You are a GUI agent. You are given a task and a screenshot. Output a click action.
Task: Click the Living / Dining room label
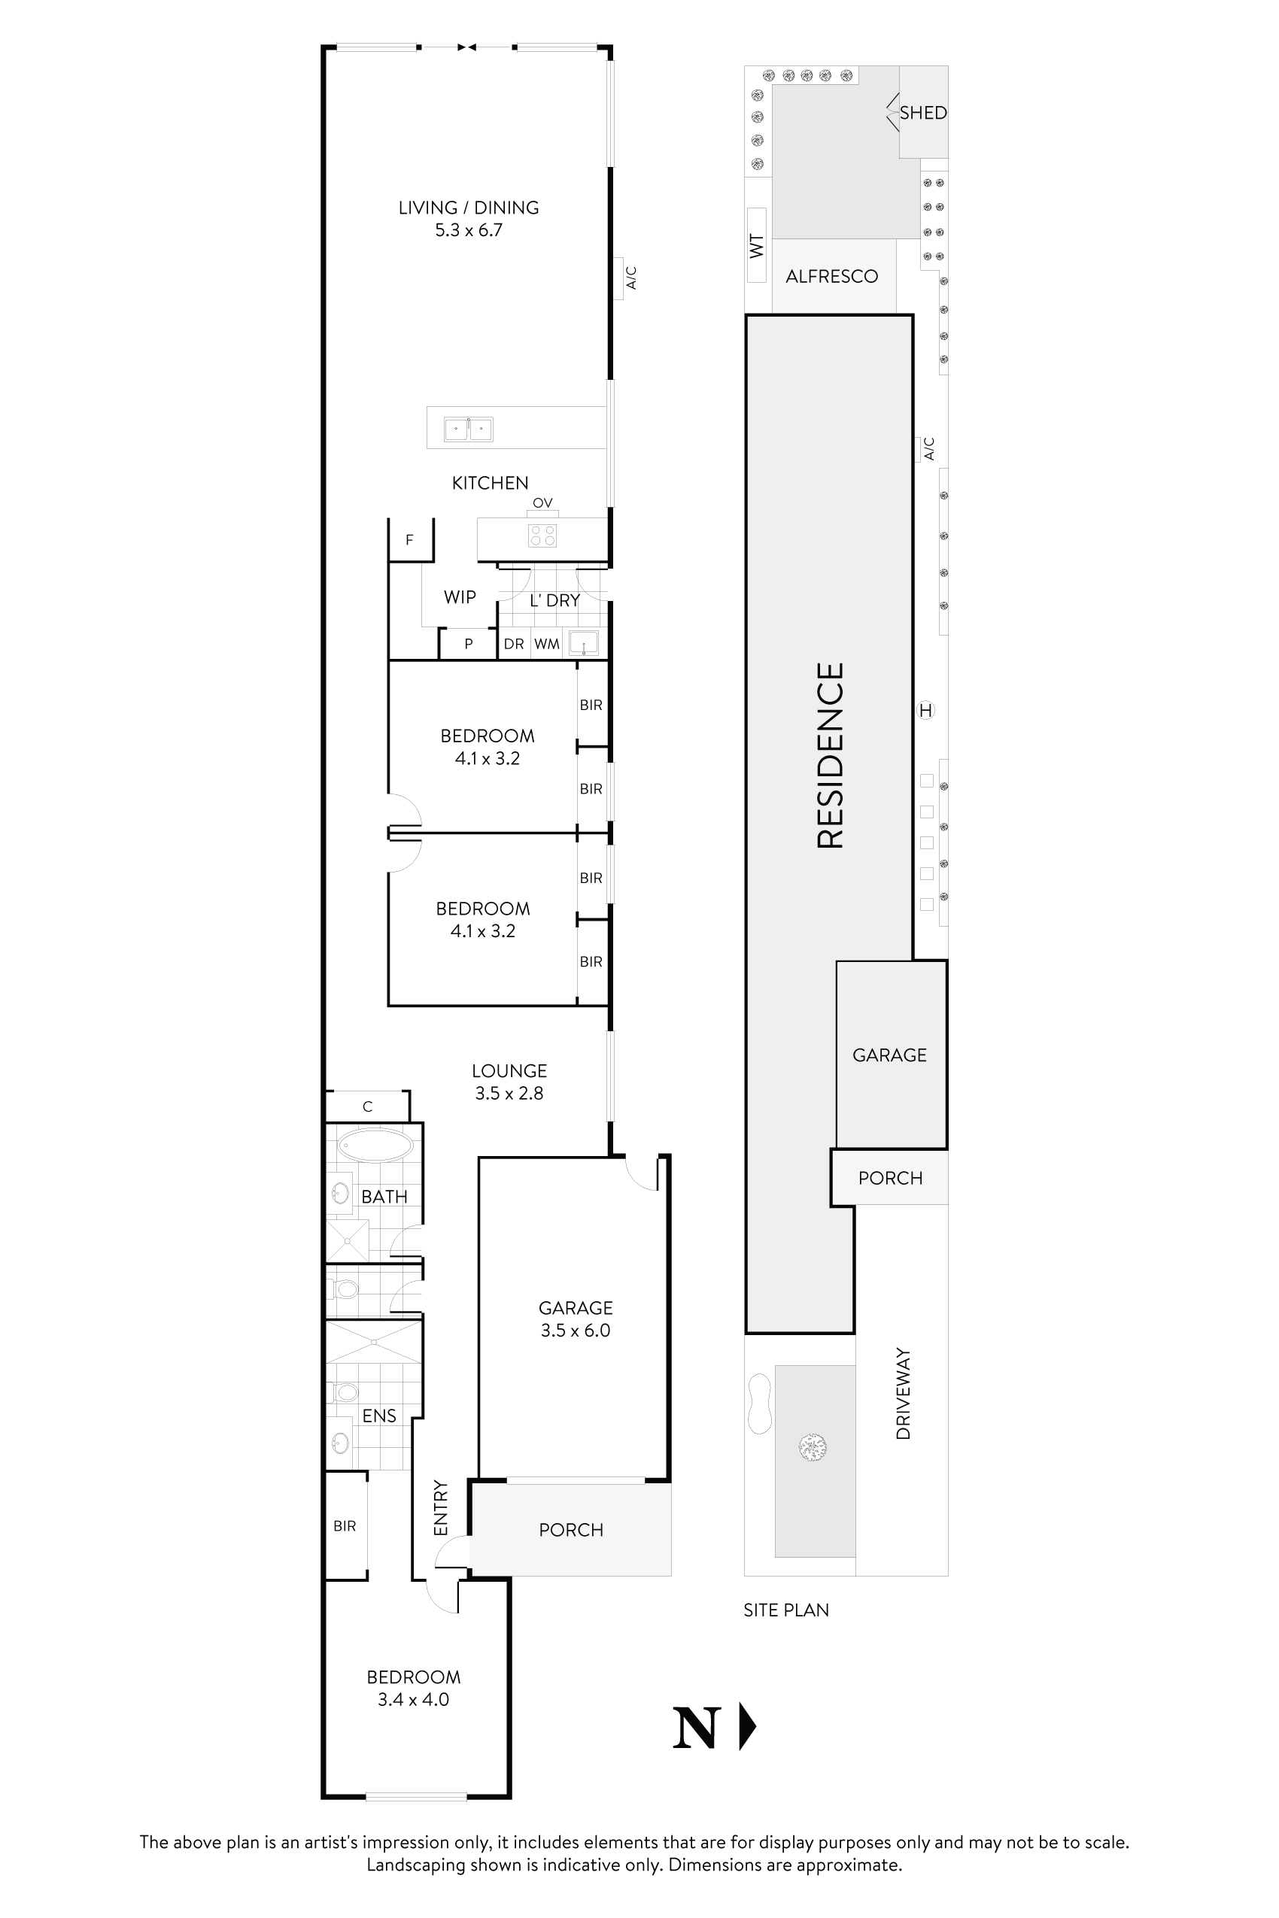coord(468,208)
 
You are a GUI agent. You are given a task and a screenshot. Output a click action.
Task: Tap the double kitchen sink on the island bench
coord(468,429)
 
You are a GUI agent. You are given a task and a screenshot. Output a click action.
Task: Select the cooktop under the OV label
coord(542,535)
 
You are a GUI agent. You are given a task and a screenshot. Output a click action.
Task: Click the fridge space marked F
coord(409,540)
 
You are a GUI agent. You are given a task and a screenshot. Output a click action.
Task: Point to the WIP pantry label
coord(459,597)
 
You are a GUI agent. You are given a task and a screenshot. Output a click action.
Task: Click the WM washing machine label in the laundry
coord(546,645)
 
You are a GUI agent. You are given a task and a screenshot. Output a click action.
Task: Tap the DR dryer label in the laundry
coord(513,645)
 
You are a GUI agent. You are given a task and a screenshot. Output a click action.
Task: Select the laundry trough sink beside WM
coord(584,643)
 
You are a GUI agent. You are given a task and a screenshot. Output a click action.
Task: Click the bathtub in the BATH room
coord(375,1146)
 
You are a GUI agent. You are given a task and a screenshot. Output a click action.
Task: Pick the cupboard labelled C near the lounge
coord(367,1106)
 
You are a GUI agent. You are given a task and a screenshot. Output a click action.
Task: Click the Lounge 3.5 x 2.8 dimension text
coord(509,1094)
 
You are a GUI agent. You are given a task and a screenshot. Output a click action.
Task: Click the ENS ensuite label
coord(379,1416)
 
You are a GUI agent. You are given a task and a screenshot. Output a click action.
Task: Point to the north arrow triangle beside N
coord(746,1726)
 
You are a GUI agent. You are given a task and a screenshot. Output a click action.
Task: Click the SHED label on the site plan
coord(922,114)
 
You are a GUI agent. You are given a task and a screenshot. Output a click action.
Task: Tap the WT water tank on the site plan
coord(756,244)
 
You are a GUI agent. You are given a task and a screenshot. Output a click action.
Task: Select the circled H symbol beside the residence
coord(925,710)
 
